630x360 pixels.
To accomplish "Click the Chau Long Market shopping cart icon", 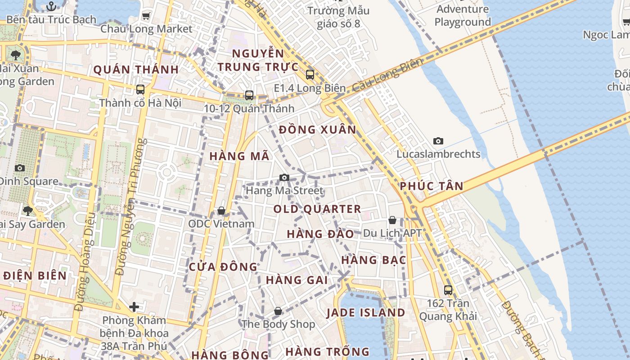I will click(146, 16).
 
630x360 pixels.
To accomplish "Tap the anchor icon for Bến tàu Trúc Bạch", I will click(51, 6).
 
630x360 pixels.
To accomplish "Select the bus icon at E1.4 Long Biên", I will click(310, 75).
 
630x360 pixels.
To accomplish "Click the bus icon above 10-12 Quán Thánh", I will click(249, 95).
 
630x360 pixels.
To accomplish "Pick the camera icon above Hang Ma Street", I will click(284, 177).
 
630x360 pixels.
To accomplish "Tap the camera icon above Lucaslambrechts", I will click(438, 141).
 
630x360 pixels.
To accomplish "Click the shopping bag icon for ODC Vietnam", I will click(221, 211).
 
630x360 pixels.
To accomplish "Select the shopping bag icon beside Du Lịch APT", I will click(392, 220).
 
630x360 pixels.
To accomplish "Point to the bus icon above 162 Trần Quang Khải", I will click(448, 290).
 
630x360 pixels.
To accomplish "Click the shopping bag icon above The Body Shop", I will click(278, 311).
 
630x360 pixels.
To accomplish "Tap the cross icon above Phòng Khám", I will click(134, 307).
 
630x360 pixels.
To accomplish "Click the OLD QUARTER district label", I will click(317, 209).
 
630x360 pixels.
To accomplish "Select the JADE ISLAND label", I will click(365, 313).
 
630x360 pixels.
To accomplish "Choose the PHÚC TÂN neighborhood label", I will click(431, 186).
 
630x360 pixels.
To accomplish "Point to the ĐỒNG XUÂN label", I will click(317, 130).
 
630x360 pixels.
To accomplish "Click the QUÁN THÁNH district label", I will click(136, 70).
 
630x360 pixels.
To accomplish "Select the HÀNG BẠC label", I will click(373, 260).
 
